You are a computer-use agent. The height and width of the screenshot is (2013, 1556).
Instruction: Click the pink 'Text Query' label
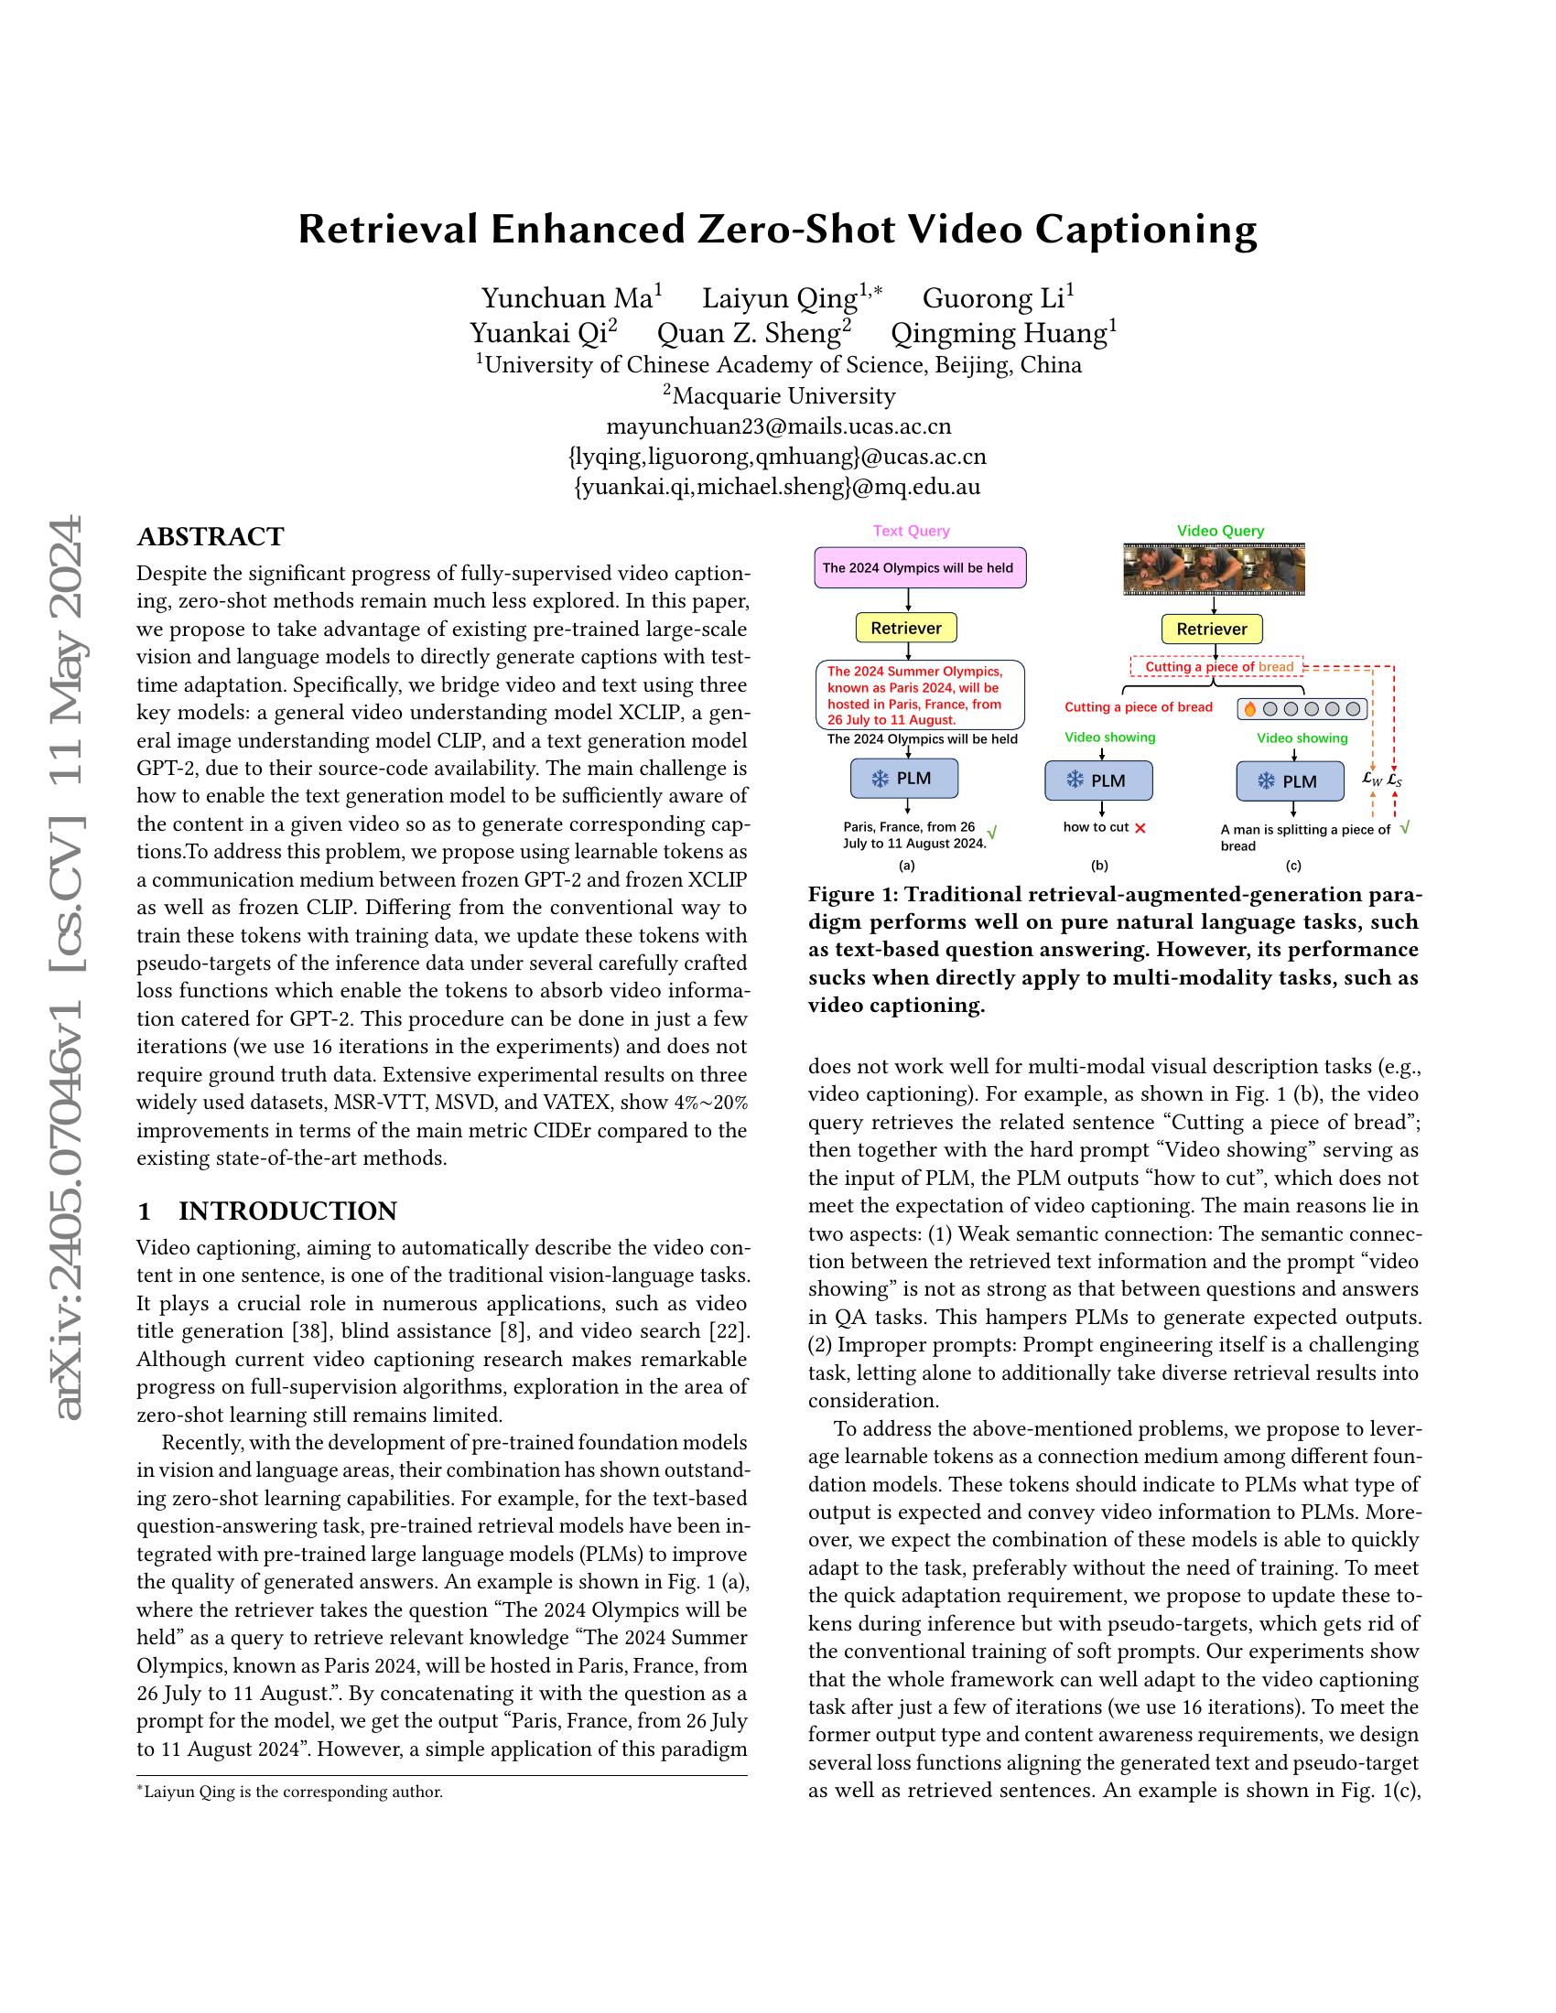911,531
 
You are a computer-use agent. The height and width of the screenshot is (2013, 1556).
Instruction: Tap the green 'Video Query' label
1220,531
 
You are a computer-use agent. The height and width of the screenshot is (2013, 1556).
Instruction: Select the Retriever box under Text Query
906,628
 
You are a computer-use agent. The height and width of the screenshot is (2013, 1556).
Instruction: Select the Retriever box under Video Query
1211,629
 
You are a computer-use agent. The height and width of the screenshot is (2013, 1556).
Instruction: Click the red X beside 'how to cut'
1140,828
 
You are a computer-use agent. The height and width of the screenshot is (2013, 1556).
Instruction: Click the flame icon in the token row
1250,709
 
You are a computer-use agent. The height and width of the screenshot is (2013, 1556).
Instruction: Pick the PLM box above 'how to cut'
1098,780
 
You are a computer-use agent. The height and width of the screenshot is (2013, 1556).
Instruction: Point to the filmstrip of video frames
1213,569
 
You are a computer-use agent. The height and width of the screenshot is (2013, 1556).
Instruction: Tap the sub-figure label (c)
1293,866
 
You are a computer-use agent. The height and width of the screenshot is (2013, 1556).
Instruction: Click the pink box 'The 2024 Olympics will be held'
920,568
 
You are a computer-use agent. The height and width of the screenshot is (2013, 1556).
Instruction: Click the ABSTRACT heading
211,536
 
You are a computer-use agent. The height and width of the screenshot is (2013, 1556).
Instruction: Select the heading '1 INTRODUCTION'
267,1211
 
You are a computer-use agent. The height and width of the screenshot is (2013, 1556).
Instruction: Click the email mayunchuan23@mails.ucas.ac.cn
779,425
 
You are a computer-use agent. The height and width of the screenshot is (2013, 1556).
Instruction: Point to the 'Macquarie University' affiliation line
779,395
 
